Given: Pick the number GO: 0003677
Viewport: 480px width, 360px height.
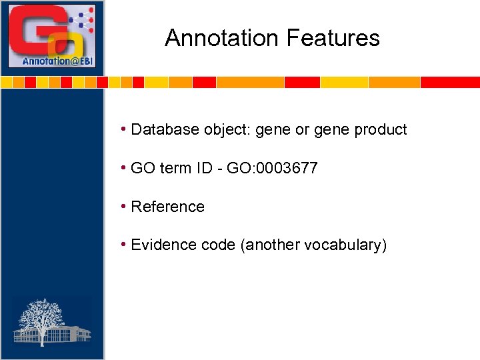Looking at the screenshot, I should (x=272, y=168).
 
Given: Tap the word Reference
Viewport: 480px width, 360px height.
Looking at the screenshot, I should (x=167, y=207).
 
